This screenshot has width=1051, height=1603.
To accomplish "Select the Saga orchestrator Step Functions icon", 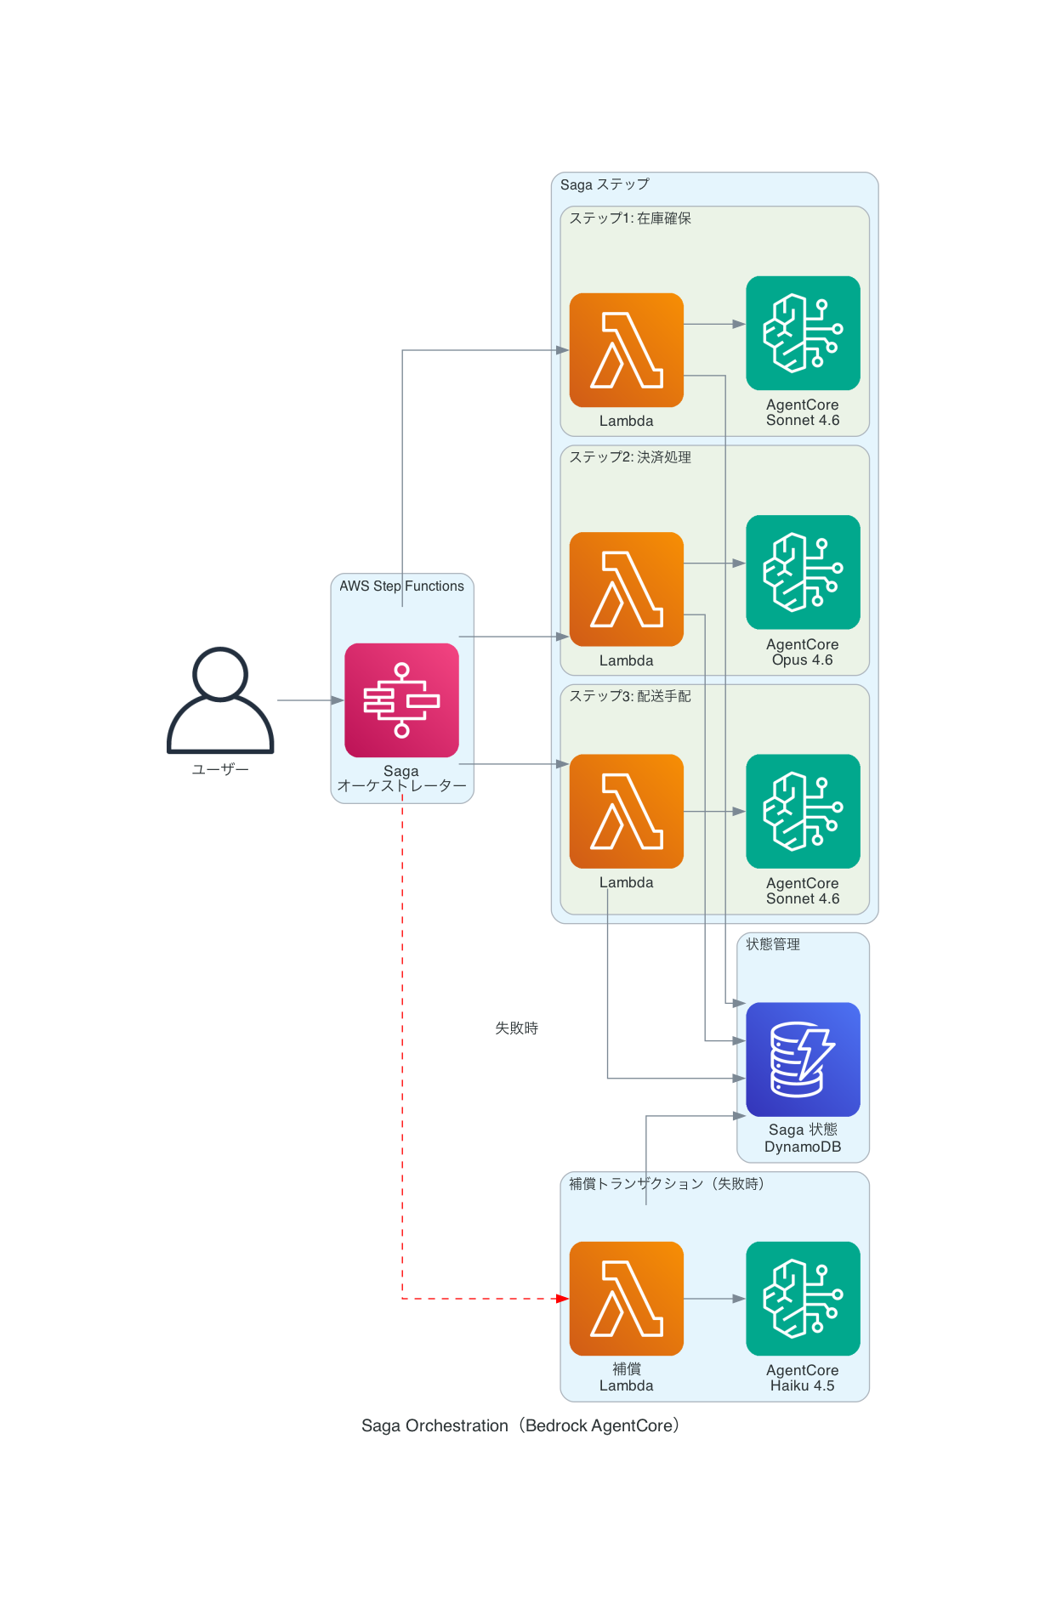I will (x=401, y=700).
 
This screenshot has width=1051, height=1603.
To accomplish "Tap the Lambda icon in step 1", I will (x=626, y=350).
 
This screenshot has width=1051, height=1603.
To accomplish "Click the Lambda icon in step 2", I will (x=626, y=589).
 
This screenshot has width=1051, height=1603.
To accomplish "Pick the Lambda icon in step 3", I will (x=626, y=811).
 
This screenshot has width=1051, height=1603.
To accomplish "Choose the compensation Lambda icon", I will (x=626, y=1298).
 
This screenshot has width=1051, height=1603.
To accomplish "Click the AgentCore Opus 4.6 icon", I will (x=803, y=572).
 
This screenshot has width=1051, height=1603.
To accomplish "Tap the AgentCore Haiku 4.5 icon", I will (x=803, y=1298).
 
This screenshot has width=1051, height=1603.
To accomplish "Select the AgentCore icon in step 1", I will (x=803, y=333).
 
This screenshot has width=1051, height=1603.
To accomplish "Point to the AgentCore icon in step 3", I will (x=803, y=811).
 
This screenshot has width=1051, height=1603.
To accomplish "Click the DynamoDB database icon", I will (x=803, y=1059).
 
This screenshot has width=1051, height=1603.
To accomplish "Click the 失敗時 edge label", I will (x=516, y=1028).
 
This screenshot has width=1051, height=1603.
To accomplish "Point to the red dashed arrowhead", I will (x=562, y=1299).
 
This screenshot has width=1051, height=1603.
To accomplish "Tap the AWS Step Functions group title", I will (x=401, y=586).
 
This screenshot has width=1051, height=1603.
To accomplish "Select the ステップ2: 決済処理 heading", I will (x=630, y=457).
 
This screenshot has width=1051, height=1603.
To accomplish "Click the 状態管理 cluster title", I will (x=772, y=944).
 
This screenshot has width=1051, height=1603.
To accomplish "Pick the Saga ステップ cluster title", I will (x=605, y=184).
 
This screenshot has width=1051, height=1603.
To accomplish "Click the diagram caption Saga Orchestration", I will (x=520, y=1425).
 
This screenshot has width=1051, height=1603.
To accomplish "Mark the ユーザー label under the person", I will (x=220, y=769).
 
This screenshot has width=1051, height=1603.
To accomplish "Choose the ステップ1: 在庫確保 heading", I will (x=630, y=218).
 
